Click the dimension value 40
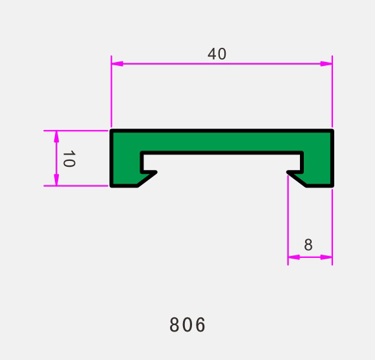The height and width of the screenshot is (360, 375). tap(217, 54)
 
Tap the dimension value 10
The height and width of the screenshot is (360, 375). tap(69, 158)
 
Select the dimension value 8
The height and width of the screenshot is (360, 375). tap(308, 244)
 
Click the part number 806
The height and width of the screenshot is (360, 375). tap(187, 324)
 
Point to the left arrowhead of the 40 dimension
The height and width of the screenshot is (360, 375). tap(117, 63)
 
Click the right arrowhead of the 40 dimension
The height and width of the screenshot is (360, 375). tap(327, 63)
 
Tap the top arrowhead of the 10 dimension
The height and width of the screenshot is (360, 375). tap(56, 137)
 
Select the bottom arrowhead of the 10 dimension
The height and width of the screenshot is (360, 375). tap(56, 180)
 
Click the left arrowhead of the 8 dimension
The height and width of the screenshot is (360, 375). tap(294, 257)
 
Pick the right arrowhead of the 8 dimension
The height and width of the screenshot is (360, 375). tap(327, 257)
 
